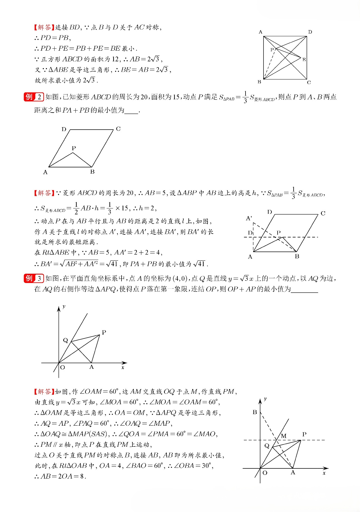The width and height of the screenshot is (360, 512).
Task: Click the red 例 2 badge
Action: [33, 97]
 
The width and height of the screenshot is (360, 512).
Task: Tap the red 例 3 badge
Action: [33, 279]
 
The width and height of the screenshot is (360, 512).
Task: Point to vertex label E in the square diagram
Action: [304, 60]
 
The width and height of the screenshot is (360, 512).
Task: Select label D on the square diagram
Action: [310, 32]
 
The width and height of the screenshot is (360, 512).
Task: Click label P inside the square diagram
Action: [272, 50]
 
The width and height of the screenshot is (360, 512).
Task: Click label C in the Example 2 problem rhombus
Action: [118, 129]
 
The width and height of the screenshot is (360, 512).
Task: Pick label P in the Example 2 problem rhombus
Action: [74, 148]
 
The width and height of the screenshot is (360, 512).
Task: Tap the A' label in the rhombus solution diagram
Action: [249, 218]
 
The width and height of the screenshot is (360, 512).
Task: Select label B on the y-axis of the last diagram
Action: [255, 412]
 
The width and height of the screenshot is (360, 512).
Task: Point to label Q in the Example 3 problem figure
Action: [66, 340]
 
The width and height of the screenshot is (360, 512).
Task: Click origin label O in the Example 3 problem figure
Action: [62, 367]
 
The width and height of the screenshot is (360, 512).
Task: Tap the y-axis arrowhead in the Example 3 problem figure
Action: [59, 309]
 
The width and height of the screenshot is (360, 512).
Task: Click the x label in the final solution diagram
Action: [324, 473]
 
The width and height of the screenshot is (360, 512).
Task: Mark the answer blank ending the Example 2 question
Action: [131, 111]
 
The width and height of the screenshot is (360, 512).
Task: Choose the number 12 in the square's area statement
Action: [115, 59]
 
